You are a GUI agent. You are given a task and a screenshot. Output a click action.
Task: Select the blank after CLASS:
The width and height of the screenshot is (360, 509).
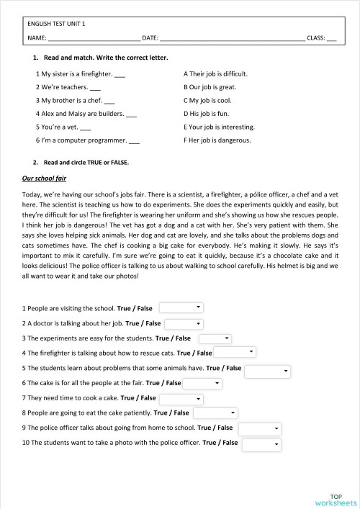click(331, 37)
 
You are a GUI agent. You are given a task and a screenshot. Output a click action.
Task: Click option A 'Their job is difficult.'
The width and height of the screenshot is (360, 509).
click(216, 73)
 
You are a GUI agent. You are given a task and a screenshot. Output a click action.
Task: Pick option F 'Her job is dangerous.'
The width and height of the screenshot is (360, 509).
click(217, 140)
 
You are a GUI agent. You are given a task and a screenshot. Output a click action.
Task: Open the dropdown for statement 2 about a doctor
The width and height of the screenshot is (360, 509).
click(184, 324)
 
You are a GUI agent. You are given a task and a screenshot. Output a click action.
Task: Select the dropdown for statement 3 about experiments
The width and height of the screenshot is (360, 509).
click(215, 338)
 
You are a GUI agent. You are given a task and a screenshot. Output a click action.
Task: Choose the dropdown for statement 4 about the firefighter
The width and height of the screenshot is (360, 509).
click(235, 352)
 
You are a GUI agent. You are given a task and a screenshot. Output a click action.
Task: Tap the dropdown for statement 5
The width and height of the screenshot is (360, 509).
click(267, 371)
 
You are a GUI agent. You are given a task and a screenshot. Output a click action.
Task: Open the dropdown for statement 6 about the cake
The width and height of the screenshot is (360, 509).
click(202, 384)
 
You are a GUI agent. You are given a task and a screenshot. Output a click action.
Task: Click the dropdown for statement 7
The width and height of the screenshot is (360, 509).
click(180, 398)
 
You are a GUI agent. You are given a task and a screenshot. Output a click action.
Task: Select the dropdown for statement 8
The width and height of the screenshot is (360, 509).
click(214, 413)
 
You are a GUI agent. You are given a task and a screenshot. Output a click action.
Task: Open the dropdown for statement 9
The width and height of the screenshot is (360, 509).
click(259, 428)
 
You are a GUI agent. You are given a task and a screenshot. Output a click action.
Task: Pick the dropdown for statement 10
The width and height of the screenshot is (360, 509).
click(261, 444)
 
